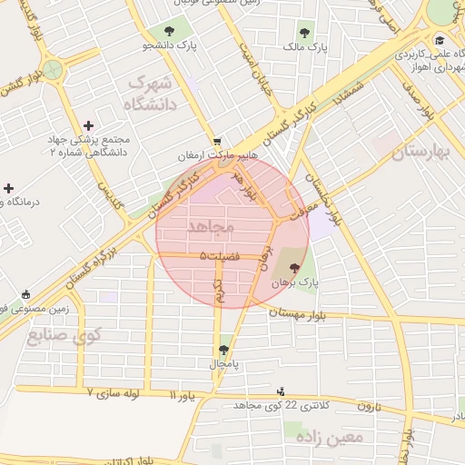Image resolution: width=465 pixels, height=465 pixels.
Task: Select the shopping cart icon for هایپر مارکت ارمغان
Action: (217, 142)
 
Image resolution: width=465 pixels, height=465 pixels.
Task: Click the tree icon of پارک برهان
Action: (294, 268)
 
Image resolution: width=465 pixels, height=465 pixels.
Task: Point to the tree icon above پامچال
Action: (223, 349)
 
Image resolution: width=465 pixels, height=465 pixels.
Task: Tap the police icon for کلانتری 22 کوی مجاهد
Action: (281, 391)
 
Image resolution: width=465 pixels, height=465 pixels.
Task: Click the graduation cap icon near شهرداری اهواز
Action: (440, 40)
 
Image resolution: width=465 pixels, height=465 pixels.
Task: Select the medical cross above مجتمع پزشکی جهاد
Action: (87, 125)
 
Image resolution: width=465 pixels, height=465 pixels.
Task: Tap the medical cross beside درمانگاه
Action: (9, 188)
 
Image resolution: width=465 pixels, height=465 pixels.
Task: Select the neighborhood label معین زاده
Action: (333, 437)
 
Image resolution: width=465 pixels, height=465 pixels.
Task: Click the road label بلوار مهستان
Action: (308, 311)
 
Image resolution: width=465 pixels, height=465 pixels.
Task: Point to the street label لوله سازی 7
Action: (114, 393)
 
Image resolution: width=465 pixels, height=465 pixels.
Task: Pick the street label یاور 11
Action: (182, 395)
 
